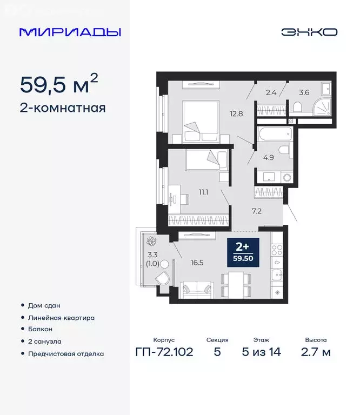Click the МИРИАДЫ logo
click(x=70, y=32)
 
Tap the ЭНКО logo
click(x=309, y=32)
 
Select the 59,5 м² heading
click(x=59, y=84)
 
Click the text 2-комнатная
click(x=62, y=108)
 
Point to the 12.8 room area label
click(x=235, y=113)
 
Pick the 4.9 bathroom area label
click(x=269, y=158)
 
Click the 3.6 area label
click(x=304, y=92)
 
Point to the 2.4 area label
click(x=271, y=92)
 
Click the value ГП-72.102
click(x=163, y=352)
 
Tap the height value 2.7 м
click(x=316, y=352)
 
